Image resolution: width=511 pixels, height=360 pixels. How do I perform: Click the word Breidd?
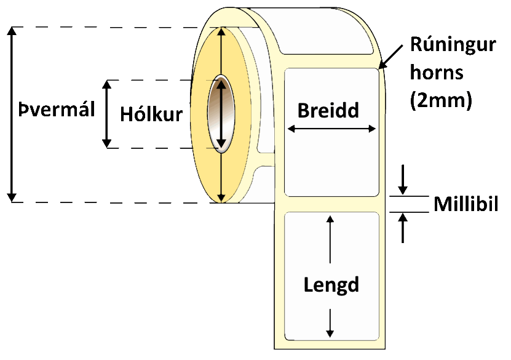pyautogui.click(x=328, y=110)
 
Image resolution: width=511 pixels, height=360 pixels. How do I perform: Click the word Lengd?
pyautogui.click(x=331, y=284)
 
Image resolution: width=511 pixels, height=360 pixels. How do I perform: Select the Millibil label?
pyautogui.click(x=465, y=204)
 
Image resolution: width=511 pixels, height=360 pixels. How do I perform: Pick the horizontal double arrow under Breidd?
pyautogui.click(x=331, y=129)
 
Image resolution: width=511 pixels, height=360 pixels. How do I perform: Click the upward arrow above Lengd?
pyautogui.click(x=331, y=240)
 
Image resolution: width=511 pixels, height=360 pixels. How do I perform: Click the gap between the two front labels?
pyautogui.click(x=332, y=204)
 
